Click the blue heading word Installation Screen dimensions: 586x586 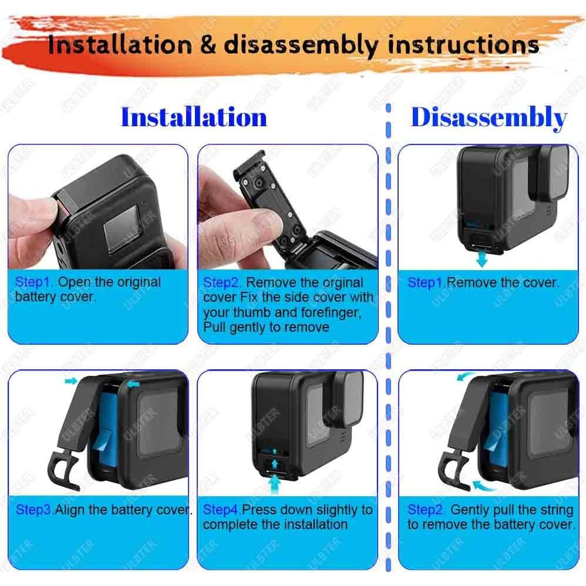(x=194, y=117)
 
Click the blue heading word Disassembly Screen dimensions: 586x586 (x=489, y=117)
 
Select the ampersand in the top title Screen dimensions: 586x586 (x=208, y=45)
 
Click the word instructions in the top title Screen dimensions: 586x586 (x=464, y=45)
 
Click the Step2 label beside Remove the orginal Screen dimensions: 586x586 (x=223, y=282)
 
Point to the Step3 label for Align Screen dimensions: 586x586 (x=34, y=510)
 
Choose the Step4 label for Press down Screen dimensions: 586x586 (x=222, y=510)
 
